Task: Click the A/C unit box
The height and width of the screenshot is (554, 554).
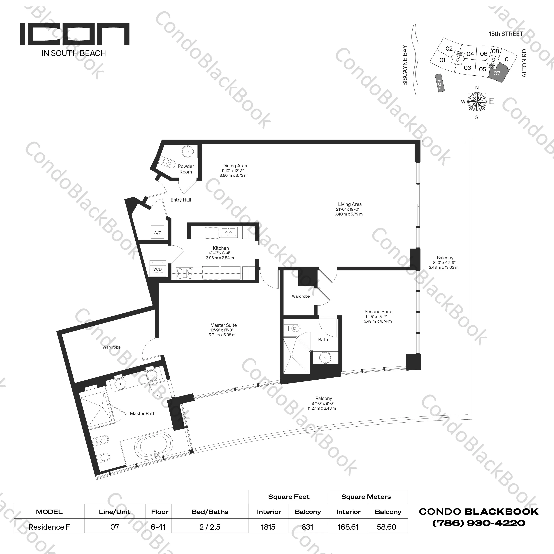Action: click(158, 232)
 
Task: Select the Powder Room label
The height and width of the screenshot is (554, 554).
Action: click(186, 169)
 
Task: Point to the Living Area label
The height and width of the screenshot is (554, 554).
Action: click(350, 204)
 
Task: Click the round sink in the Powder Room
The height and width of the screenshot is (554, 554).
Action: click(187, 151)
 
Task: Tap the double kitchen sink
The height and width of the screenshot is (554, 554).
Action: click(228, 232)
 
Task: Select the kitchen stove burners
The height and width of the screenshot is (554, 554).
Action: click(185, 273)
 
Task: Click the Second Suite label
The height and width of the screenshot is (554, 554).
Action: click(378, 311)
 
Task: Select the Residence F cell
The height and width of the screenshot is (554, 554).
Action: click(49, 527)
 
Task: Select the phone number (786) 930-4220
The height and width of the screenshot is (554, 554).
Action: click(479, 523)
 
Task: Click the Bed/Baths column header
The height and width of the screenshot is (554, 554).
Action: click(210, 512)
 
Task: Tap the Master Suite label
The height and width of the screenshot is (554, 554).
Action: click(223, 325)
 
